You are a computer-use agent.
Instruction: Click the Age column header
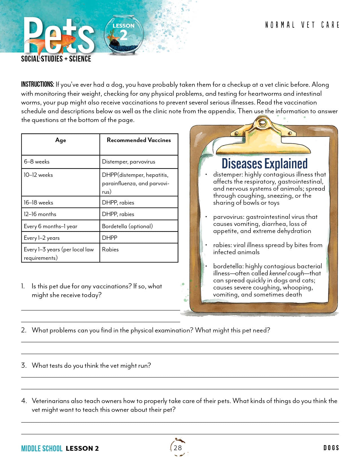(x=60, y=140)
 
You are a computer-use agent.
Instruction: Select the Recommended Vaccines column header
(x=139, y=140)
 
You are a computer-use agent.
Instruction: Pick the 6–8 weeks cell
(x=37, y=162)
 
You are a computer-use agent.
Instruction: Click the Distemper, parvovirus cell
(x=128, y=162)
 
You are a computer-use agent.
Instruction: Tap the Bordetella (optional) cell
(x=127, y=226)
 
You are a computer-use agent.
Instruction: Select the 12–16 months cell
(x=40, y=214)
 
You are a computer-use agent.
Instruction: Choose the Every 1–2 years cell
(x=42, y=238)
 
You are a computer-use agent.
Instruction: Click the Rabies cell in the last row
(x=110, y=249)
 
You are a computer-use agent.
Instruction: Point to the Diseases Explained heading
(x=265, y=164)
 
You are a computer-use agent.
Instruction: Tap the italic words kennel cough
(x=287, y=273)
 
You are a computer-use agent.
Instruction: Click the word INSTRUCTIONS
(x=37, y=84)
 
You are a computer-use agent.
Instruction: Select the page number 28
(x=178, y=448)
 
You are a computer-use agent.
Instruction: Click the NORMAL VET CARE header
(x=302, y=25)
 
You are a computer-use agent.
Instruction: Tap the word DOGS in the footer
(x=331, y=448)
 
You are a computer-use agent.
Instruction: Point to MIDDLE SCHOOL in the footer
(x=42, y=448)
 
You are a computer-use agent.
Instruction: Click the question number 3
(x=24, y=365)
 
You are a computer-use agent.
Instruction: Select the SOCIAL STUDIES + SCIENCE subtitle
(x=56, y=59)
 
